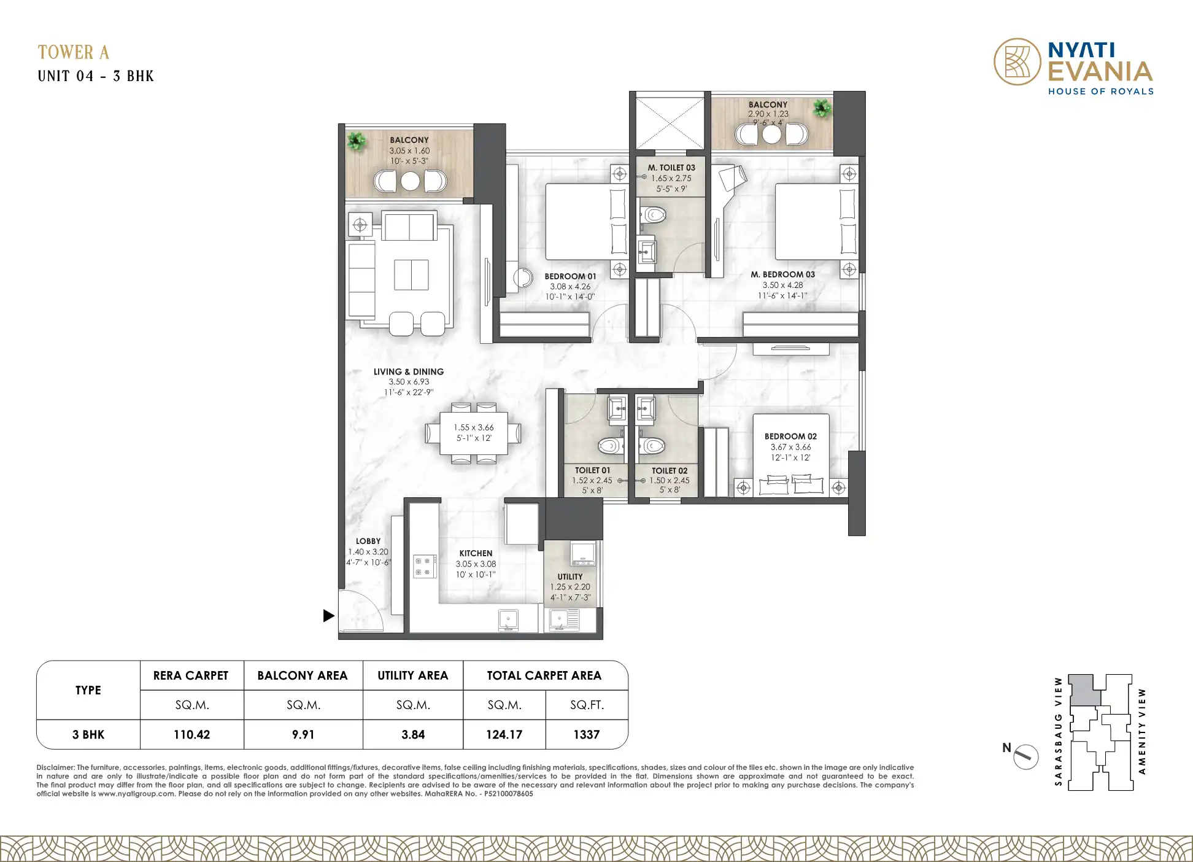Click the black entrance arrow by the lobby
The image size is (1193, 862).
(329, 615)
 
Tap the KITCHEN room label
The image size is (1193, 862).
(476, 553)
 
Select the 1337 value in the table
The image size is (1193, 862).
(587, 734)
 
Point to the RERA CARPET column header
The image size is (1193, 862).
(191, 675)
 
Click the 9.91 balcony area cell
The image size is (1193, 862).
(303, 734)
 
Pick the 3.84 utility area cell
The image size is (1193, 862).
(413, 734)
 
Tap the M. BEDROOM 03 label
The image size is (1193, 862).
(783, 274)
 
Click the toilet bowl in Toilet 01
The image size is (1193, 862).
(611, 445)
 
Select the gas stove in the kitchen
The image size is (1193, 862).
(425, 567)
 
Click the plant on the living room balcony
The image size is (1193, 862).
(356, 142)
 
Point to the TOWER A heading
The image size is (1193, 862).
(74, 52)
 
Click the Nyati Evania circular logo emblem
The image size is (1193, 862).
(1017, 61)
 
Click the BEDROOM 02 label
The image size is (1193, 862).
(790, 437)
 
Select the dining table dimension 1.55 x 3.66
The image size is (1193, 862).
(474, 427)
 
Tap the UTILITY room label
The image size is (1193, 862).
(570, 577)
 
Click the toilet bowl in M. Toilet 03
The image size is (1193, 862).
(654, 215)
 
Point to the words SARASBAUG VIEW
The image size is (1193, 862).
(1058, 731)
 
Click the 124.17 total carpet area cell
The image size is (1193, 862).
(504, 734)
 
